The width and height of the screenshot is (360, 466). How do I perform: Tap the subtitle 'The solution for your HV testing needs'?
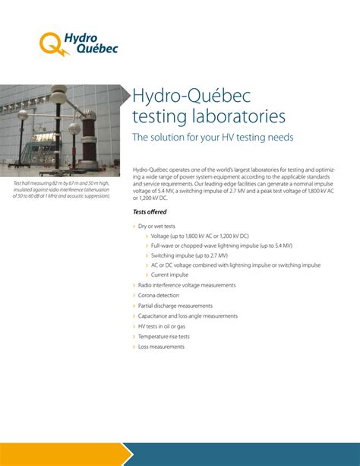pyautogui.click(x=213, y=138)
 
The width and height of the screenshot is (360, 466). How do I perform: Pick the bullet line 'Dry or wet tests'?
pyautogui.click(x=156, y=227)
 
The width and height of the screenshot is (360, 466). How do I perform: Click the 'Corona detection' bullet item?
pyautogui.click(x=159, y=295)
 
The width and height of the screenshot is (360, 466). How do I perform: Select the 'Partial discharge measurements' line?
pyautogui.click(x=175, y=306)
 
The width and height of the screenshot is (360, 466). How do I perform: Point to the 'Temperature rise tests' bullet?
pyautogui.click(x=163, y=336)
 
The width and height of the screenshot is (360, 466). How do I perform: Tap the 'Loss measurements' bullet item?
pyautogui.click(x=161, y=347)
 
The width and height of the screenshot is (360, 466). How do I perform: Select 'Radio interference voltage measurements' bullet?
pyautogui.click(x=187, y=285)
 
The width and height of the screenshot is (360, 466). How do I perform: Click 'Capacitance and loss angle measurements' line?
pyautogui.click(x=188, y=315)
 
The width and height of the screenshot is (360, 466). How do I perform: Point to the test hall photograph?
pyautogui.click(x=60, y=131)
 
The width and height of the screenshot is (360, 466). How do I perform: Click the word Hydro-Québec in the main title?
pyautogui.click(x=191, y=95)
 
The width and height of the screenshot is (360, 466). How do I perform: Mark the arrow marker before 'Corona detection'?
pyautogui.click(x=134, y=295)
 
